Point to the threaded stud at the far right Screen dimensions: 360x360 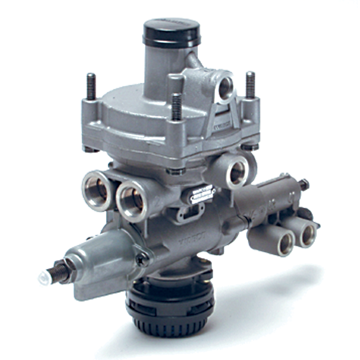pos(250,85)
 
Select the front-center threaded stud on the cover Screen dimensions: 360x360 pos(176,107)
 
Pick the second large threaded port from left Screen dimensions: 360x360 pos(132,199)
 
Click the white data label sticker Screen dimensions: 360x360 pos(203,194)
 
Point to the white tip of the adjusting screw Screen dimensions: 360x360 pos(43,278)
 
